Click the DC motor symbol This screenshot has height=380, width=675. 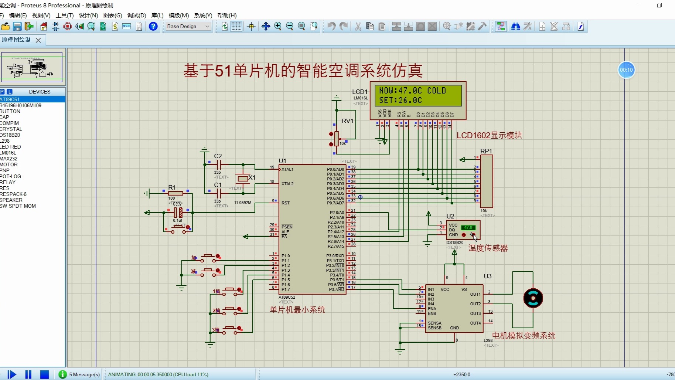click(533, 298)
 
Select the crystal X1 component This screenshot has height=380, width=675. click(243, 179)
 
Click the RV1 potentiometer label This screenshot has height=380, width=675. click(347, 121)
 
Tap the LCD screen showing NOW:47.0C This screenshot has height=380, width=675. click(418, 95)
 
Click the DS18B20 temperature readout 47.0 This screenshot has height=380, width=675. click(468, 227)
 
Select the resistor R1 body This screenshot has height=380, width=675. click(175, 193)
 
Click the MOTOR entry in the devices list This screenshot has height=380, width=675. click(9, 164)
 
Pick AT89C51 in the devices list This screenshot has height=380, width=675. click(10, 99)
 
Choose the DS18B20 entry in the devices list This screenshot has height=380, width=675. click(10, 135)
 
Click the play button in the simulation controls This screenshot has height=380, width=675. click(12, 374)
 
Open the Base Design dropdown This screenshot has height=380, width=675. click(188, 26)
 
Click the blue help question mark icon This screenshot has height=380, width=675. click(153, 26)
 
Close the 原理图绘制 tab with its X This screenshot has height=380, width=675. click(38, 40)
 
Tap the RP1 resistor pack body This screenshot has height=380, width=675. click(487, 181)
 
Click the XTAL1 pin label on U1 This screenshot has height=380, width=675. click(287, 169)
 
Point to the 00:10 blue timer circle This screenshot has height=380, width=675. click(626, 70)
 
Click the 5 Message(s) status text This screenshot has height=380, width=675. click(85, 374)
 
